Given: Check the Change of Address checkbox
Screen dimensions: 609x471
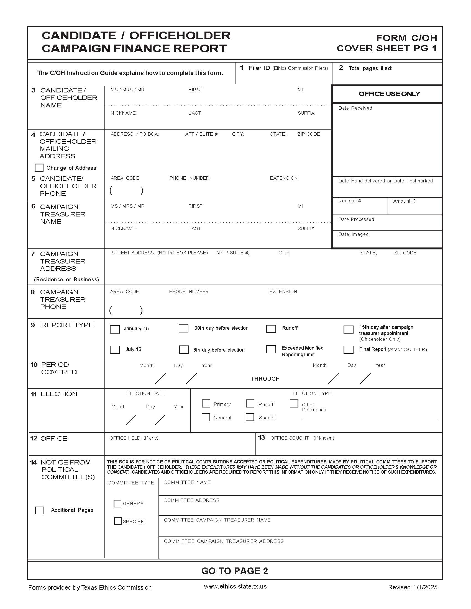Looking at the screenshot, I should click(39, 167).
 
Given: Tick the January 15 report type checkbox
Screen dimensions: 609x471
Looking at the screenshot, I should click(114, 329).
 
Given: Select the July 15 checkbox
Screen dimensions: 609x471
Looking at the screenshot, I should click(114, 349).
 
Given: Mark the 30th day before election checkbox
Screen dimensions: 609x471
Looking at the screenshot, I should click(183, 328).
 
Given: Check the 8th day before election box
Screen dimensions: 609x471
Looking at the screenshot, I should click(184, 349).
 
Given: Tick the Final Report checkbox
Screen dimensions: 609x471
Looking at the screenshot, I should click(348, 349).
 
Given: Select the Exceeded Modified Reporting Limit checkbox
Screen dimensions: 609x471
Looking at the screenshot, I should click(271, 349).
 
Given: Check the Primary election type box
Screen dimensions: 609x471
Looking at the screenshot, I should click(206, 404).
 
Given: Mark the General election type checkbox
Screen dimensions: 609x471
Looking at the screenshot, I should click(206, 417).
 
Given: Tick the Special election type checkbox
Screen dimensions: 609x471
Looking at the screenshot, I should click(250, 417).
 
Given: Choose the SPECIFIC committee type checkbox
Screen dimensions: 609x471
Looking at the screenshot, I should click(118, 521).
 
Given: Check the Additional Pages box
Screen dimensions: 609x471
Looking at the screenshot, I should click(40, 510).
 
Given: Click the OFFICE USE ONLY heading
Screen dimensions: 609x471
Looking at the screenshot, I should click(389, 94).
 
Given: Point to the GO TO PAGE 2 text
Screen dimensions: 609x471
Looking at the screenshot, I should click(234, 571).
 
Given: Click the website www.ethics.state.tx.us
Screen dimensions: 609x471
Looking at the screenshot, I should click(235, 586).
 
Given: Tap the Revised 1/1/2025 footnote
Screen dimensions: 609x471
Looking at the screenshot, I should click(413, 587).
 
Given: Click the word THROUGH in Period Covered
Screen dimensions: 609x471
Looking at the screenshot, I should click(265, 379).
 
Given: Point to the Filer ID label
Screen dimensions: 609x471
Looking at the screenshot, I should click(259, 68).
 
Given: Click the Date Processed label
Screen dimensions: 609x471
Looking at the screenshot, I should click(356, 220).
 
